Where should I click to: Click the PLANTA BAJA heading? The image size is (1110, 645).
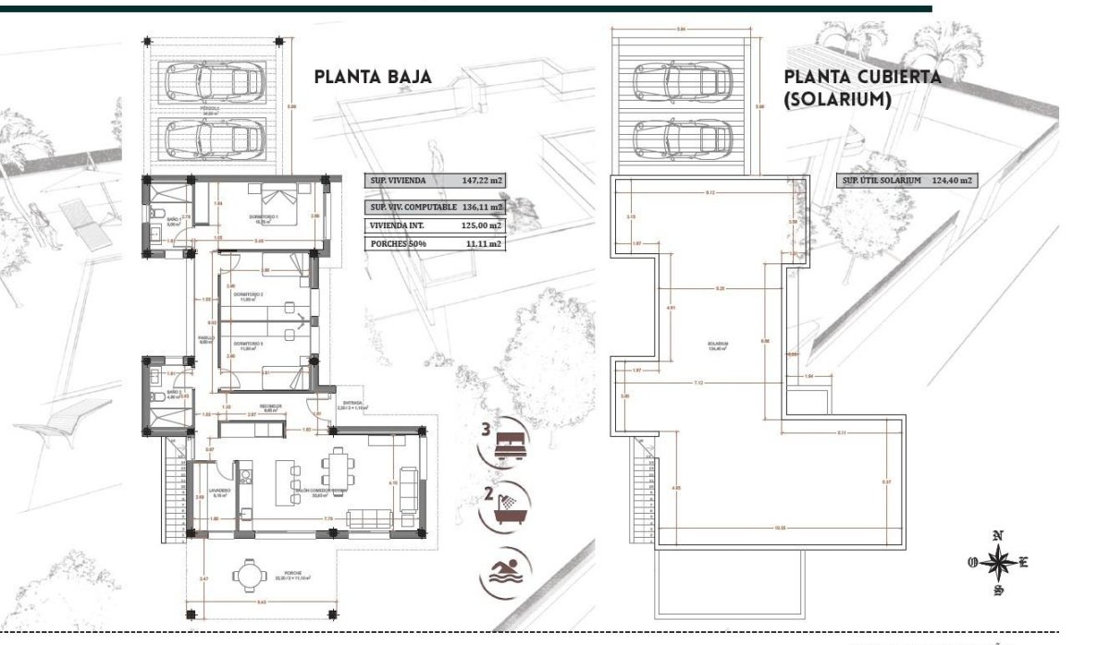coord(373,77)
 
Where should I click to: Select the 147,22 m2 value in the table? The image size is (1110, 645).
coord(482,181)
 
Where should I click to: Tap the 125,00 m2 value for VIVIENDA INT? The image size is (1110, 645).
coord(482,225)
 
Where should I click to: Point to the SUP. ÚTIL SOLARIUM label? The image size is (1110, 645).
coord(881,181)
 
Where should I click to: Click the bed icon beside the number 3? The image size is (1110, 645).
coord(509,444)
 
